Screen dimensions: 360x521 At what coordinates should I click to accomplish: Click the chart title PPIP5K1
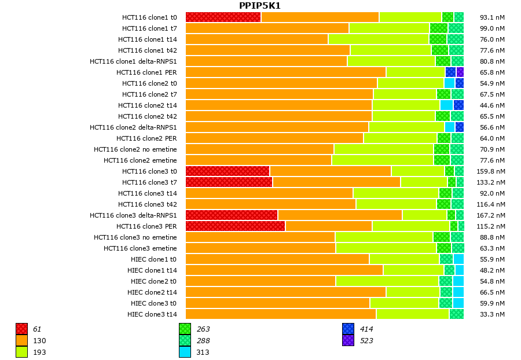click(x=260, y=6)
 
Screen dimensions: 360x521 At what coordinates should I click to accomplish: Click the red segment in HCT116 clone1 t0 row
click(x=223, y=17)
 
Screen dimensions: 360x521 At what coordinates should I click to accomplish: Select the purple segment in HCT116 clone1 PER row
click(x=460, y=72)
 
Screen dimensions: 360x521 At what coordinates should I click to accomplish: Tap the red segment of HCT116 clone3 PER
click(x=235, y=226)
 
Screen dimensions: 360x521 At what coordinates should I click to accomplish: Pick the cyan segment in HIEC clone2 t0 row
click(x=458, y=281)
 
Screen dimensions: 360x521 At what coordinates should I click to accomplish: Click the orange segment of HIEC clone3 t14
click(x=281, y=314)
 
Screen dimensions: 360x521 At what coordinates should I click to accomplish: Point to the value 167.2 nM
click(x=493, y=215)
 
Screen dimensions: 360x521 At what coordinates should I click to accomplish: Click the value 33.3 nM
click(x=493, y=314)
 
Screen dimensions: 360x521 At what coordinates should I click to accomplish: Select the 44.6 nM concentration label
click(x=493, y=105)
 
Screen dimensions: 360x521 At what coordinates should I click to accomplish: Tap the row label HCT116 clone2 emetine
click(x=140, y=160)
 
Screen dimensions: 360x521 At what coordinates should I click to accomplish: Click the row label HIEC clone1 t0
click(x=153, y=259)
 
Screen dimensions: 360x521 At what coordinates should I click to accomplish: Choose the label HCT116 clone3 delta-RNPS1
click(x=133, y=215)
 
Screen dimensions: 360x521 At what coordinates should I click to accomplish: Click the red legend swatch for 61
click(x=21, y=329)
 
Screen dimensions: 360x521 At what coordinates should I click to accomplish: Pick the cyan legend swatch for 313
click(x=185, y=352)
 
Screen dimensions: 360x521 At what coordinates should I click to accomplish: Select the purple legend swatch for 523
click(x=348, y=341)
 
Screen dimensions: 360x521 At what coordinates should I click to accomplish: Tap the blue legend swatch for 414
click(x=348, y=329)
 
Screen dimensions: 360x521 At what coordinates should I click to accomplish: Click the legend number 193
click(x=39, y=352)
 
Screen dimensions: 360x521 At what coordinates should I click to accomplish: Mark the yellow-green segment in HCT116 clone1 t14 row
click(x=379, y=39)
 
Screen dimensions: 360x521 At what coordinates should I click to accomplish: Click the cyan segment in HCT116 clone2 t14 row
click(x=446, y=105)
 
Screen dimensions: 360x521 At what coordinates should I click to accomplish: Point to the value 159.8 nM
click(x=493, y=171)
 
